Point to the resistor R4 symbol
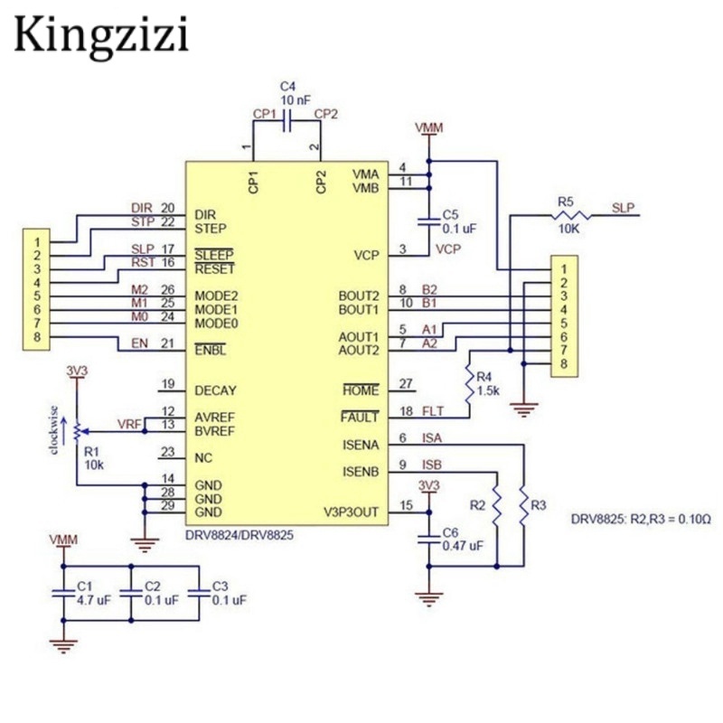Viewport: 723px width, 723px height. [x=470, y=386]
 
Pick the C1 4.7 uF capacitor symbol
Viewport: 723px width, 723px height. [x=62, y=591]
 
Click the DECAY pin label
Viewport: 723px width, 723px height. [x=215, y=390]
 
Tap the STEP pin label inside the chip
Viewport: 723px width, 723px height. [x=210, y=229]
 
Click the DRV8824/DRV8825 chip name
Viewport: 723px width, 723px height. [x=239, y=534]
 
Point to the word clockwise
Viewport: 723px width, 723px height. [x=56, y=432]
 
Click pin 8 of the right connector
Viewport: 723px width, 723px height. [x=563, y=363]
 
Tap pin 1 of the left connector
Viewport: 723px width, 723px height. [x=37, y=242]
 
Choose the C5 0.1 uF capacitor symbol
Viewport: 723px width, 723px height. [x=427, y=221]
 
